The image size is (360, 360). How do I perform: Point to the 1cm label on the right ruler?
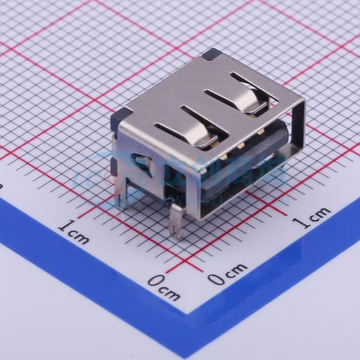[313, 217]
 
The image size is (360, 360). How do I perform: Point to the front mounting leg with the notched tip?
[178, 222]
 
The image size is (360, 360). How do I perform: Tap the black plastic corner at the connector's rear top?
[210, 54]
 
